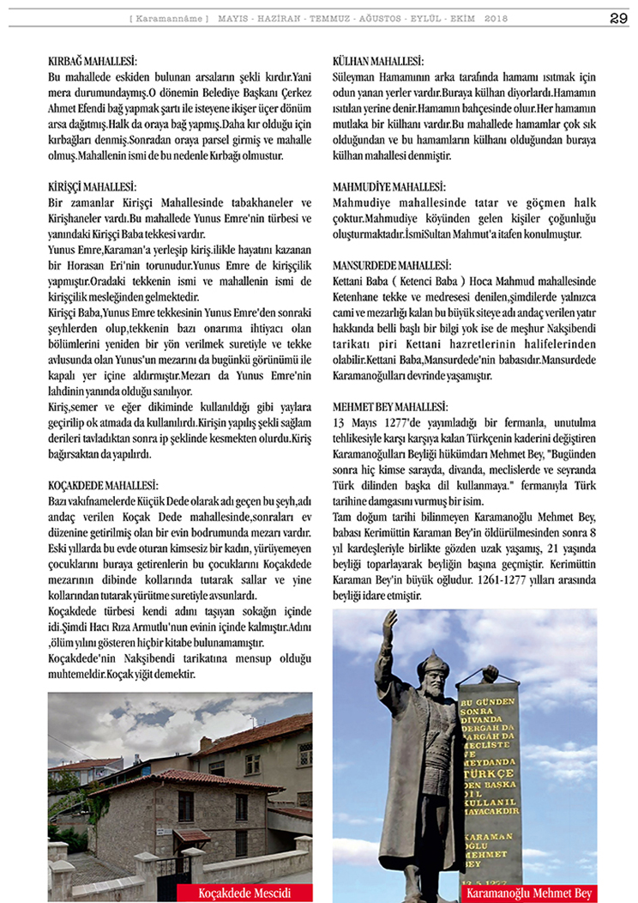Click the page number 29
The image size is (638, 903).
pyautogui.click(x=618, y=18)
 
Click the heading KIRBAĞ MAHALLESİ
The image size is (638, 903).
pyautogui.click(x=93, y=62)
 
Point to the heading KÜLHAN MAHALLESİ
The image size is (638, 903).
pyautogui.click(x=377, y=62)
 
